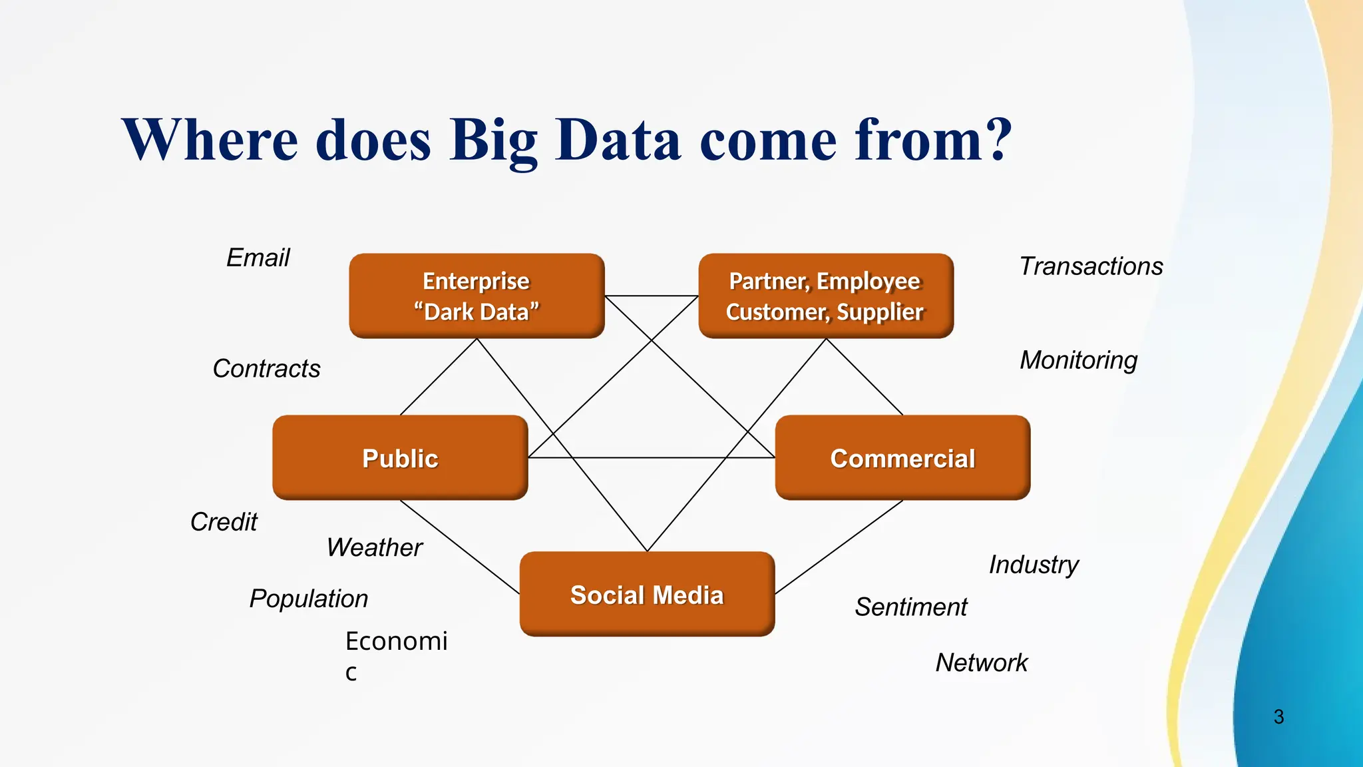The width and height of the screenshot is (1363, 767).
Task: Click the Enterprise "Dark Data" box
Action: [477, 296]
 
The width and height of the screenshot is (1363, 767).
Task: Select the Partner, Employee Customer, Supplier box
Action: [825, 296]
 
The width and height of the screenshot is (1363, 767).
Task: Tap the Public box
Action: [400, 458]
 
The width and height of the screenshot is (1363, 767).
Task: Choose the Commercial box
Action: [902, 458]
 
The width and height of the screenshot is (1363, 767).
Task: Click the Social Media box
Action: [647, 594]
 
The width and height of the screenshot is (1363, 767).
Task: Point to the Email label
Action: [258, 258]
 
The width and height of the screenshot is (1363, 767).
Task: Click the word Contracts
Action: [266, 368]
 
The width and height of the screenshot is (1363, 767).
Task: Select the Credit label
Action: [224, 521]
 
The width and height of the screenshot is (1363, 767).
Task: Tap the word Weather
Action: [375, 547]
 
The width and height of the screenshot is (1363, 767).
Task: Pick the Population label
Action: [309, 598]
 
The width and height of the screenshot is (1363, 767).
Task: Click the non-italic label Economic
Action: [396, 642]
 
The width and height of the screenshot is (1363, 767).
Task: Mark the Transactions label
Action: [1091, 266]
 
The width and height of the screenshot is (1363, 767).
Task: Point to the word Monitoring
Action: [1078, 360]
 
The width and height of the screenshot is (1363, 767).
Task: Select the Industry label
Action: [1034, 565]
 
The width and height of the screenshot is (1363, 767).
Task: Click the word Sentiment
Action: [911, 607]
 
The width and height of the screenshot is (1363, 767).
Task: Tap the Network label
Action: [982, 662]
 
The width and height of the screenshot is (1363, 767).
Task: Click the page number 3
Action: [1278, 716]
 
